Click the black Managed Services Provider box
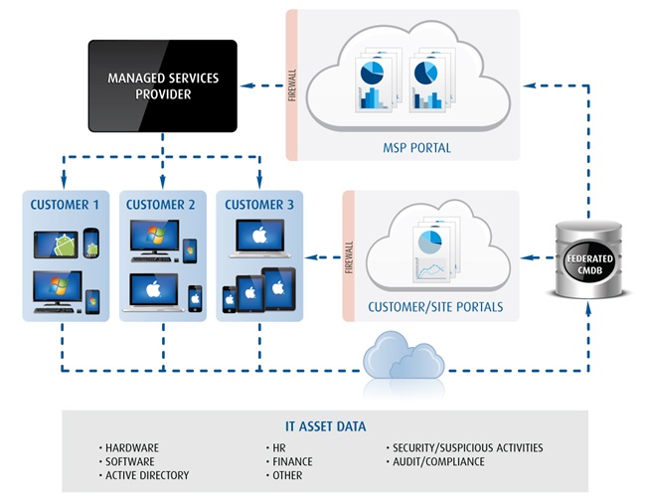pyautogui.click(x=163, y=85)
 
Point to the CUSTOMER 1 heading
pyautogui.click(x=65, y=206)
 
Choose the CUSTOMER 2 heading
pyautogui.click(x=162, y=206)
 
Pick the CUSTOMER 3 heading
pyautogui.click(x=259, y=206)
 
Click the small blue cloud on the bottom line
pyautogui.click(x=403, y=359)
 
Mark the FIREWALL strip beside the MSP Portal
pyautogui.click(x=292, y=85)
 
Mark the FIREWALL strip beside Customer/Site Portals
pyautogui.click(x=350, y=256)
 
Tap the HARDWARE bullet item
pyautogui.click(x=131, y=448)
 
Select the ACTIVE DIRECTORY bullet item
pyautogui.click(x=146, y=475)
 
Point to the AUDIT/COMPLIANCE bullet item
pyautogui.click(x=439, y=462)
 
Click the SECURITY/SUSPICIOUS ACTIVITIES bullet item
pyautogui.click(x=468, y=448)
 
